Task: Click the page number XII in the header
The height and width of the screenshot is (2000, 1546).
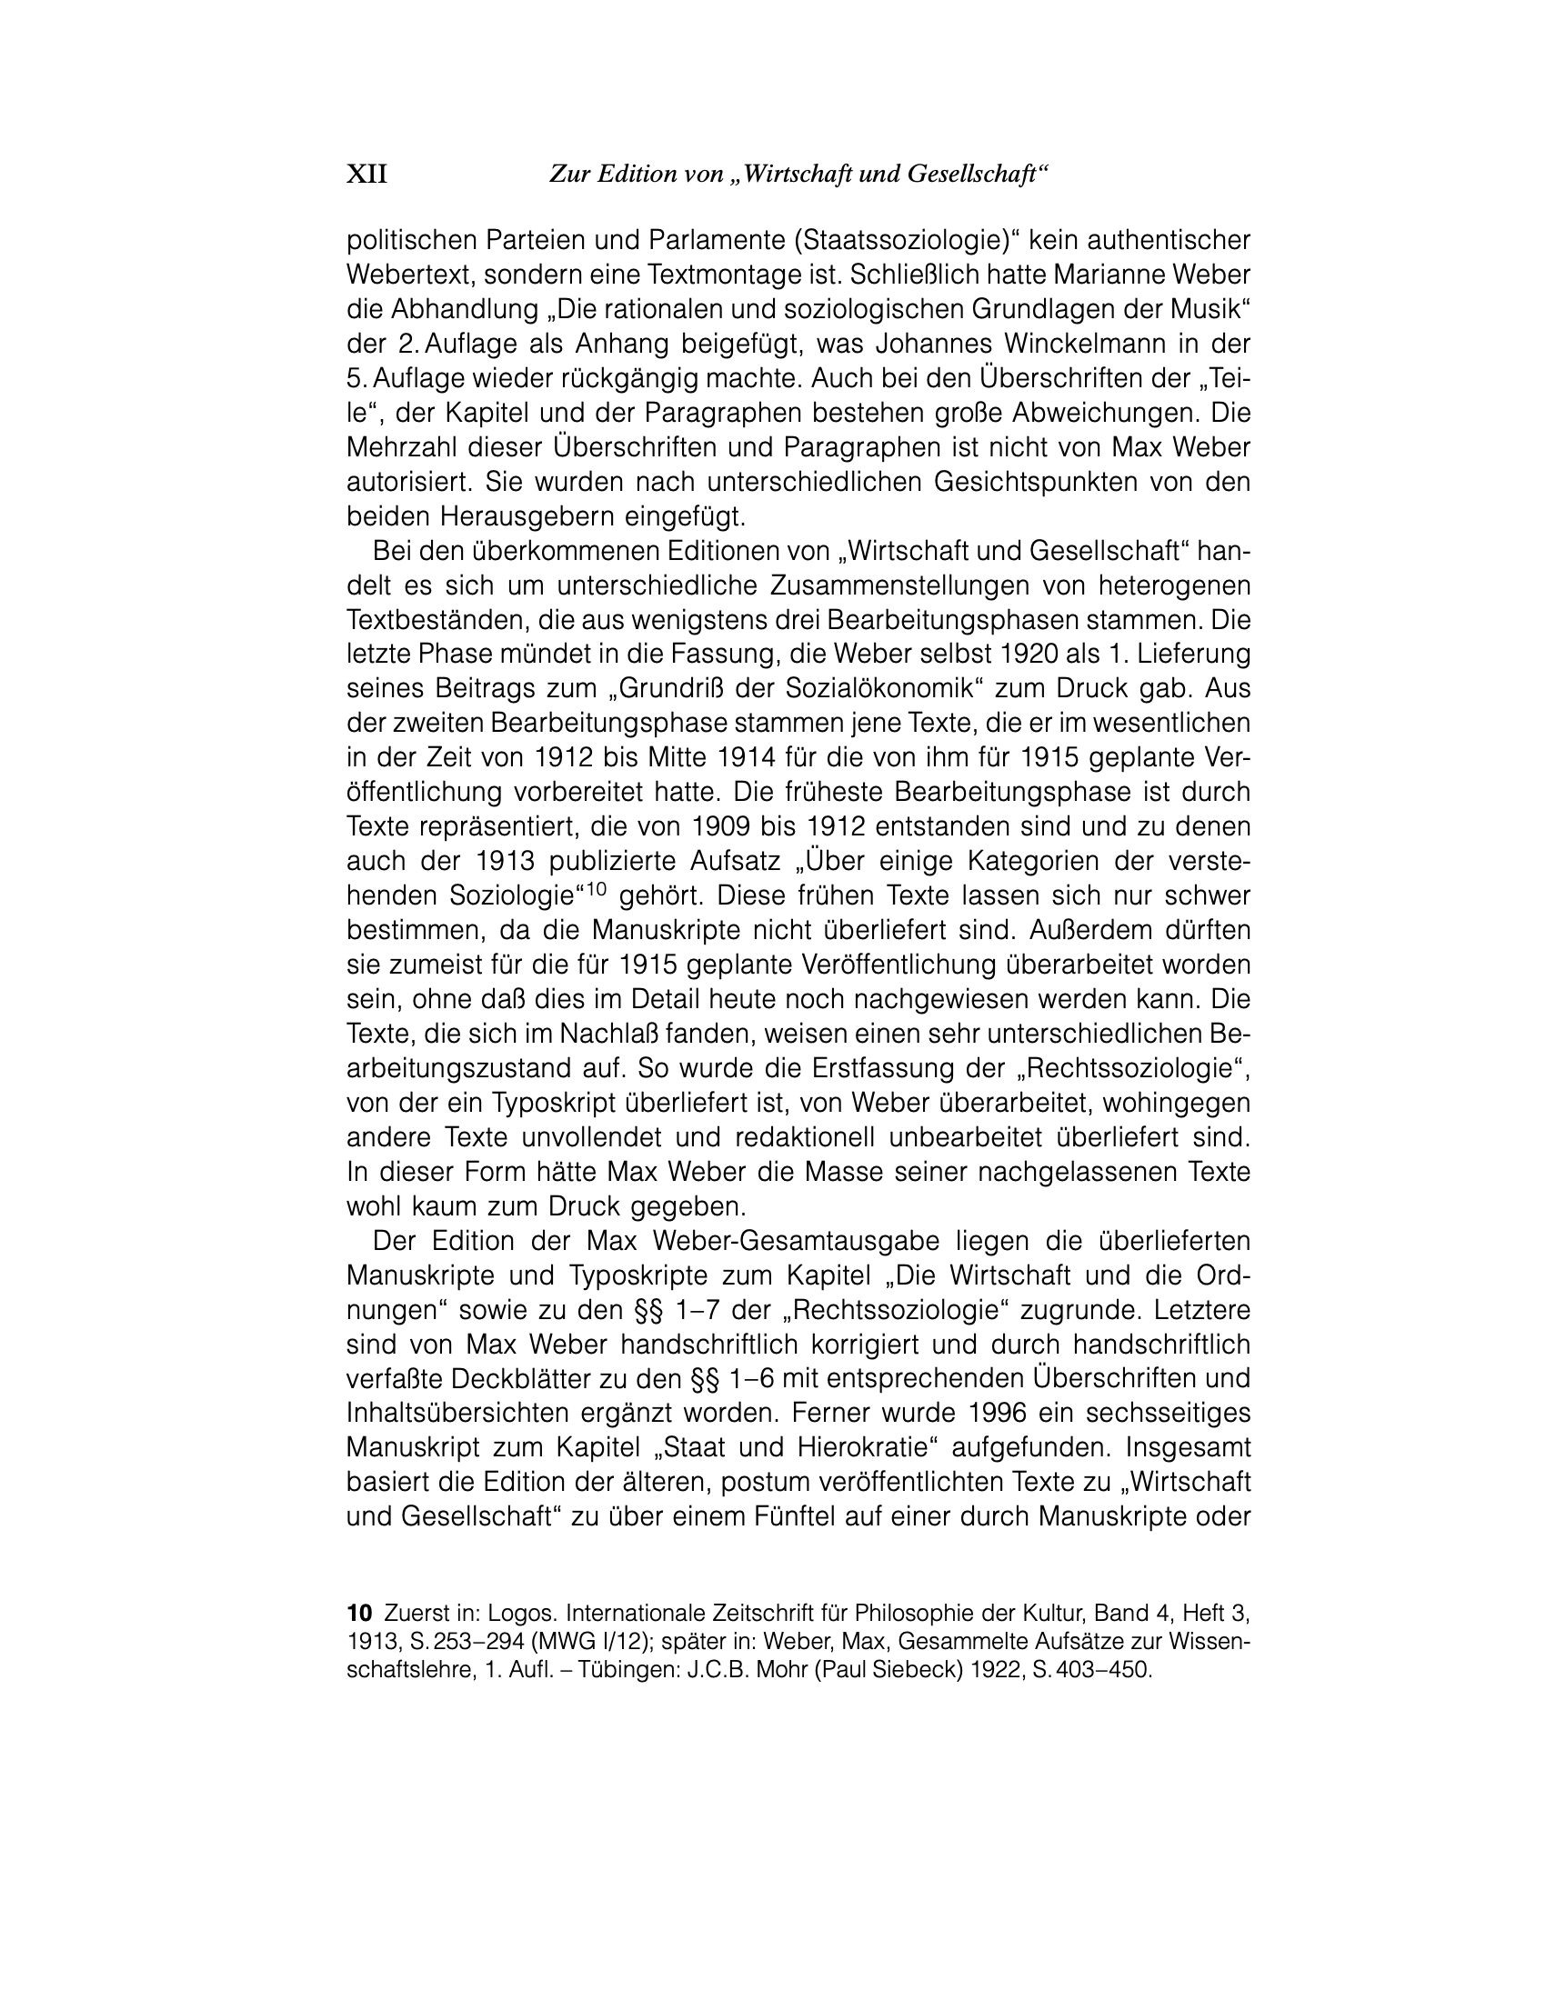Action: coord(366,174)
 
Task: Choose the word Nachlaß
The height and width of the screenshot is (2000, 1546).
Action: coord(610,1034)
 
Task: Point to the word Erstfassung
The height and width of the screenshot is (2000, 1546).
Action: coord(842,1068)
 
